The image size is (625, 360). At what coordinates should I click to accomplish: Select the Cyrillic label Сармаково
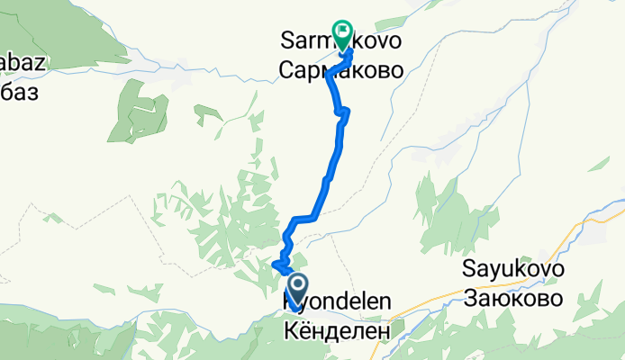click(340, 72)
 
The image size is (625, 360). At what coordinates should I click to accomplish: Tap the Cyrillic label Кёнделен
click(338, 331)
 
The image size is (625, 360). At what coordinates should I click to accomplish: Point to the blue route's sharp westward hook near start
click(275, 265)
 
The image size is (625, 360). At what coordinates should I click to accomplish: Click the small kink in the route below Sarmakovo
click(343, 112)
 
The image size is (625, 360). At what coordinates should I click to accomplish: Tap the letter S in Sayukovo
click(468, 268)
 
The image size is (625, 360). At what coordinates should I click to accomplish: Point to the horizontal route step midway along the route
click(303, 218)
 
